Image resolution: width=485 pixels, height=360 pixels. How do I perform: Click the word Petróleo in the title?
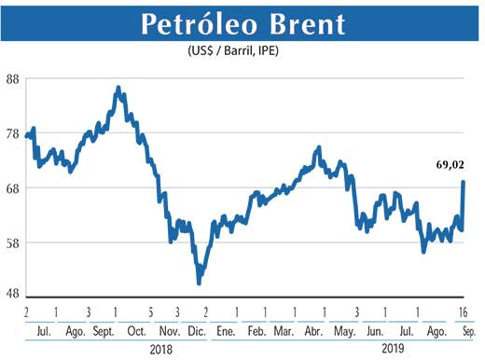click(x=194, y=25)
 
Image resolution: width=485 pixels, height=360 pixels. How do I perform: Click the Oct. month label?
click(x=137, y=331)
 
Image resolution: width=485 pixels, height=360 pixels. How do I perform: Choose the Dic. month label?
click(x=196, y=331)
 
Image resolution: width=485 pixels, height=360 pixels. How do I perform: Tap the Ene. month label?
click(x=227, y=331)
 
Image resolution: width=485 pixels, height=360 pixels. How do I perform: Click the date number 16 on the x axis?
click(x=463, y=312)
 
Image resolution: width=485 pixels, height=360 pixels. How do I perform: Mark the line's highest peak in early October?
click(x=118, y=88)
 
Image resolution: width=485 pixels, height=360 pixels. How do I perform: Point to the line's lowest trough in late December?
click(x=199, y=283)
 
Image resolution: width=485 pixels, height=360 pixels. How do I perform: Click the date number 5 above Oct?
click(x=149, y=312)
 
